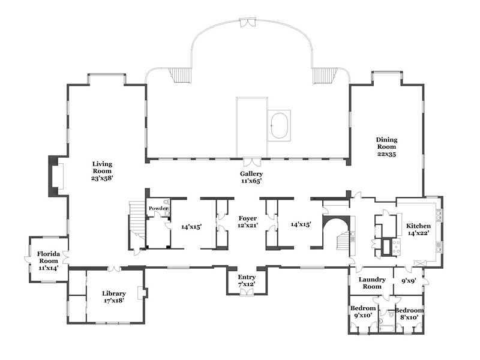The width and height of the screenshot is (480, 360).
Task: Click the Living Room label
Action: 102,171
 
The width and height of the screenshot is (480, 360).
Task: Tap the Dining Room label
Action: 386,146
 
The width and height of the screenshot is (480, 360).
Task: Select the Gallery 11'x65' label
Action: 251,177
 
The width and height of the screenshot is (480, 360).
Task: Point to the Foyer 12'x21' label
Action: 248,221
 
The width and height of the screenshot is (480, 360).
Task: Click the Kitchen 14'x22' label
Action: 418,229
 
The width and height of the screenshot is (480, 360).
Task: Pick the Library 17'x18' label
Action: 114,296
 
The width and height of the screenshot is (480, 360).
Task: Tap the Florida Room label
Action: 49,260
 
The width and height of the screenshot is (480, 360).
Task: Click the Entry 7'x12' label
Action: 247,280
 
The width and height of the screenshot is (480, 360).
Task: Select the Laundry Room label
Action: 372,283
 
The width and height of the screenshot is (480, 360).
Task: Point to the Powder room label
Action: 158,208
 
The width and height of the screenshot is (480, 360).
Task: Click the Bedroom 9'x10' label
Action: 363,311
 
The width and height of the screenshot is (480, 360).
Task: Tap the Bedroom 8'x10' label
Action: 409,313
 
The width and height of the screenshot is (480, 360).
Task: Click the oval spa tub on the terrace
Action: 280,125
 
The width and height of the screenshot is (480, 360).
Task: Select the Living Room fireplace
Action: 56,176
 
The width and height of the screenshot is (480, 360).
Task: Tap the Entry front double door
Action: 247,292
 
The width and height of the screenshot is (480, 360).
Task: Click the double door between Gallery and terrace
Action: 253,162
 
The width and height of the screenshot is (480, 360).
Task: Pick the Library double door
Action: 115,268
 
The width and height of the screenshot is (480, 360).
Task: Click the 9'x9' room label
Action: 408,280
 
